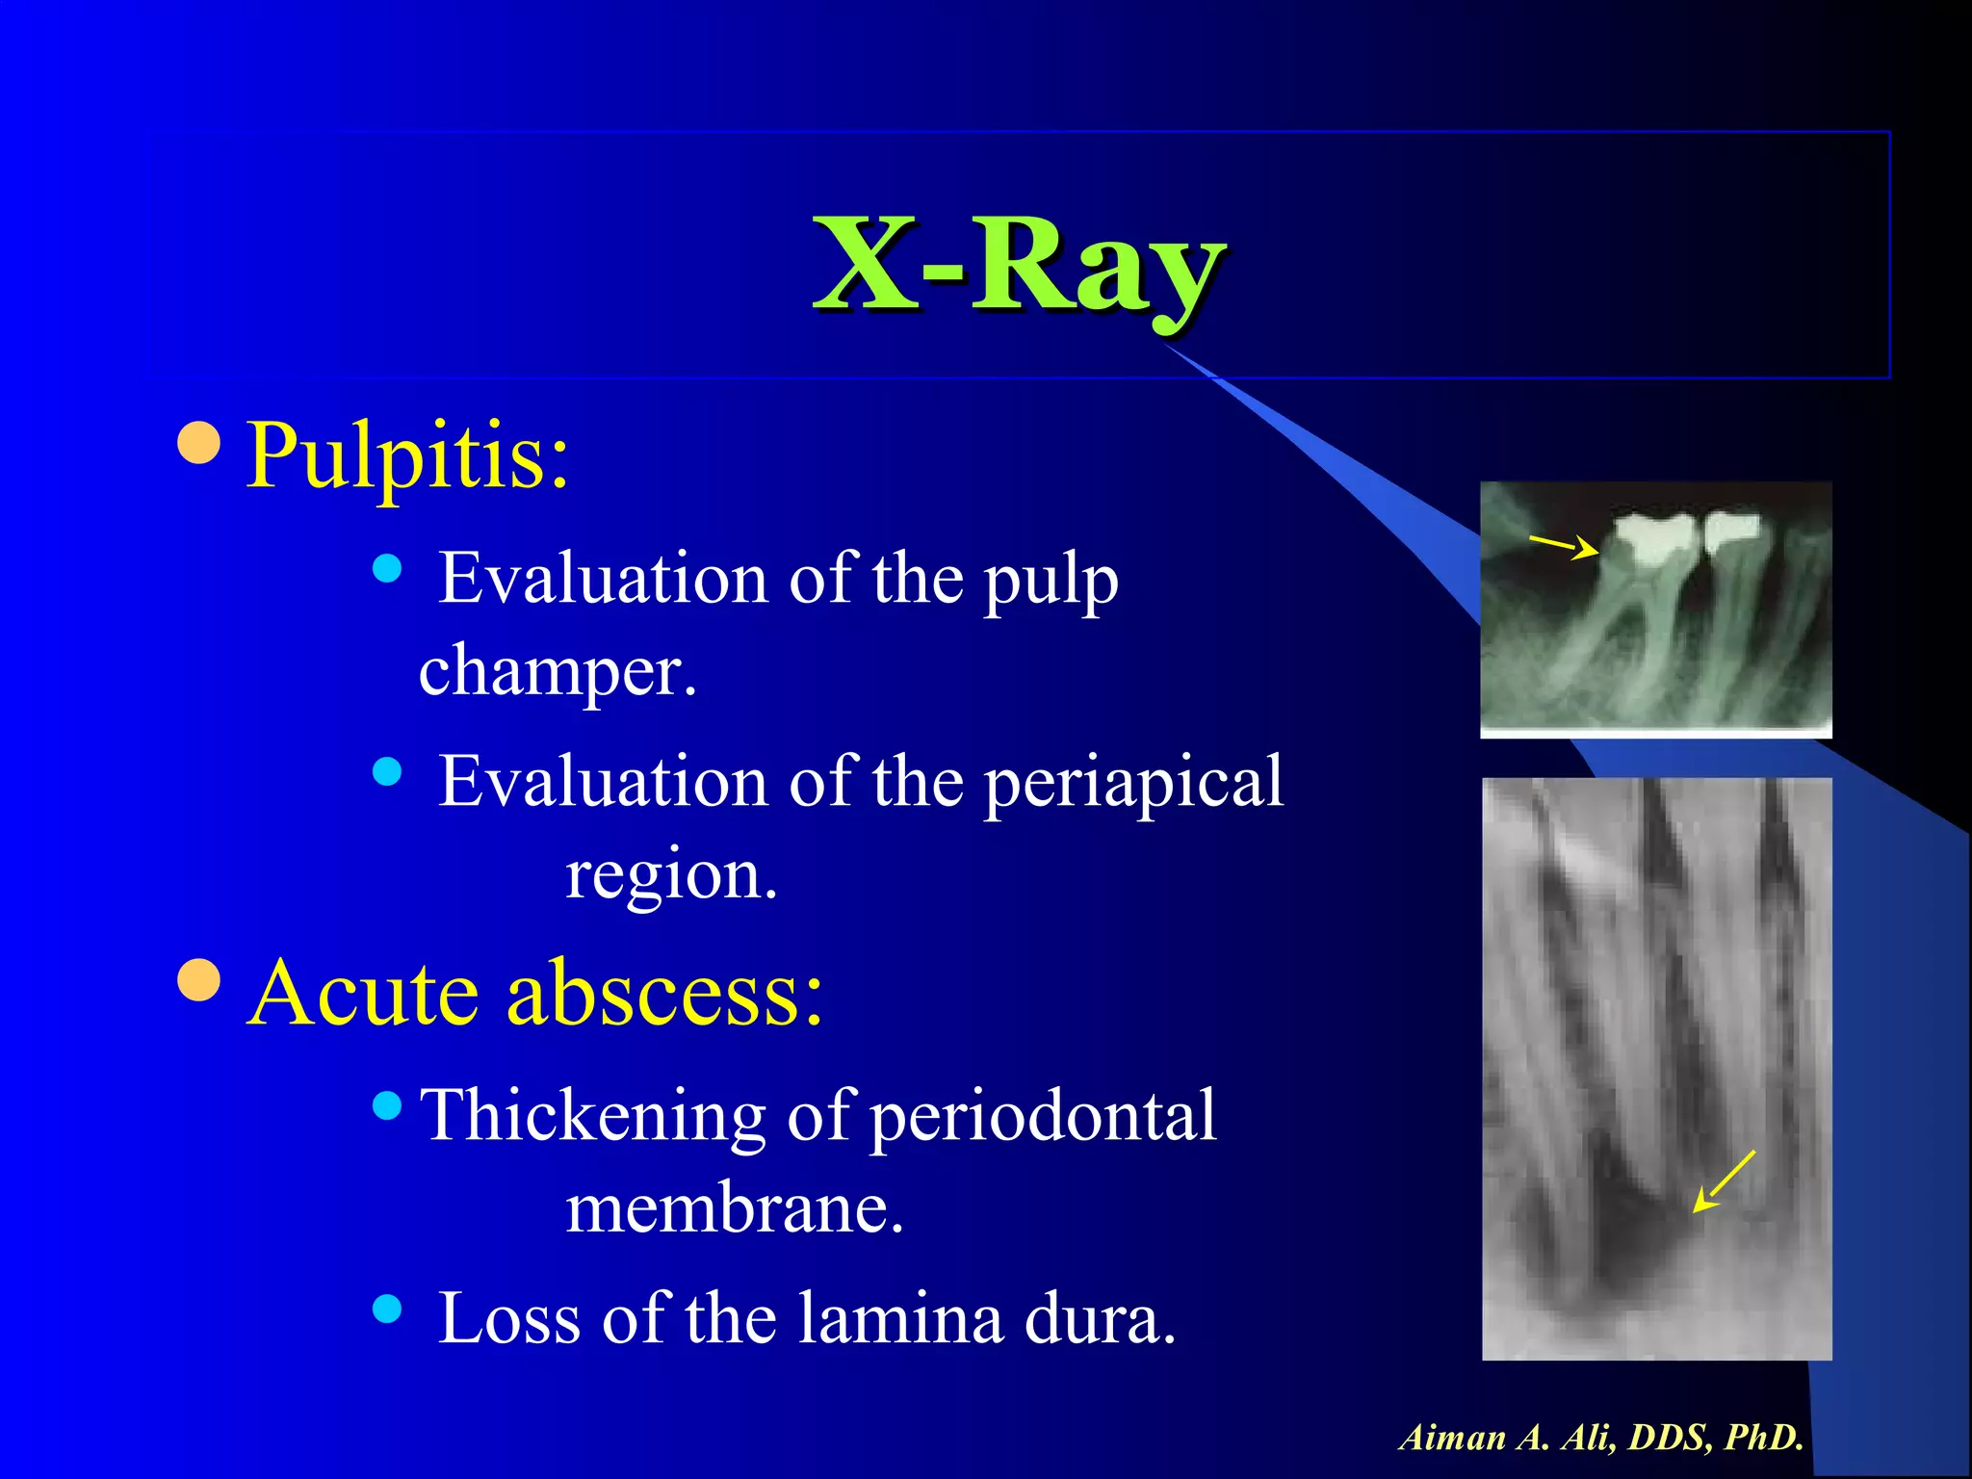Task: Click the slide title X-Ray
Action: tap(1019, 265)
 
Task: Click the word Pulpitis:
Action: tap(408, 455)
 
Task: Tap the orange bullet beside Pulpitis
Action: tap(200, 443)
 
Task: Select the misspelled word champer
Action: tap(557, 670)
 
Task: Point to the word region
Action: tap(670, 875)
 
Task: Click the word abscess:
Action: tap(664, 993)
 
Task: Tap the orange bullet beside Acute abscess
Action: tap(200, 981)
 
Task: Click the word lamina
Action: tap(901, 1318)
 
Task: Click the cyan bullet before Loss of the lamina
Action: tap(386, 1309)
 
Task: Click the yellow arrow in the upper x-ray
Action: tap(1564, 547)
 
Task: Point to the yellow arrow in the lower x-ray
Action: tap(1724, 1181)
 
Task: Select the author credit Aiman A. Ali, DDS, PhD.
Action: tap(1600, 1438)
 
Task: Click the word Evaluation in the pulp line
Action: tap(603, 580)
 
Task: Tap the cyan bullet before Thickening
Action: tap(386, 1105)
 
